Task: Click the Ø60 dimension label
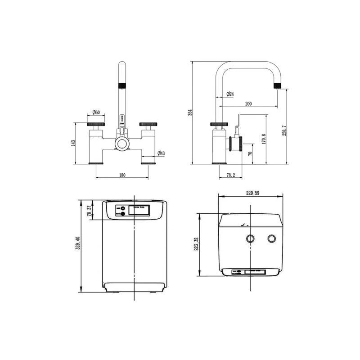point(96,112)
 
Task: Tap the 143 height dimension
point(73,143)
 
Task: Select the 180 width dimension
point(122,175)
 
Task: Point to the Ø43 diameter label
point(161,154)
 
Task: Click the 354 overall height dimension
point(190,112)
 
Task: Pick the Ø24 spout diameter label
point(229,94)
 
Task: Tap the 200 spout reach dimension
point(248,104)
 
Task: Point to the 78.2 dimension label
point(230,175)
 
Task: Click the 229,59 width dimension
point(253,193)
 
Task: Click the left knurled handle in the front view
point(96,124)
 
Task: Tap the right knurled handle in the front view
point(148,124)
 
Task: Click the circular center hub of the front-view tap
point(122,144)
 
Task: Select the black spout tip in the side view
point(278,85)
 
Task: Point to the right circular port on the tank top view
point(271,238)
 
